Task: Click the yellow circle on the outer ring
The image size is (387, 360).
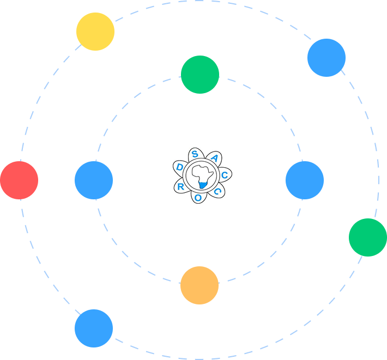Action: coord(95,32)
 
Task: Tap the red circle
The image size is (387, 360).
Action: coord(19,180)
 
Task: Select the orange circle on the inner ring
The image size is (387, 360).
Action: coord(199,285)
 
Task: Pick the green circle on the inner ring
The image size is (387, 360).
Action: coord(200,75)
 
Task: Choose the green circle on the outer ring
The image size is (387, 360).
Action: coord(368,237)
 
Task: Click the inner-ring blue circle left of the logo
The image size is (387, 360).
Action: coord(94,180)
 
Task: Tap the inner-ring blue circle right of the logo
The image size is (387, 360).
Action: coord(305,180)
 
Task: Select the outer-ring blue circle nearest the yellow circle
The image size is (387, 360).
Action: coord(326,58)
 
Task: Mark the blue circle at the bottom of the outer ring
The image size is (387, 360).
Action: coord(94,328)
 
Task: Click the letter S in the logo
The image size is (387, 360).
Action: coord(195,154)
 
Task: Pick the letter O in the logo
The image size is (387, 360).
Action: coord(197,198)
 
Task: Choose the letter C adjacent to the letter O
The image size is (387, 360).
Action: coord(217,192)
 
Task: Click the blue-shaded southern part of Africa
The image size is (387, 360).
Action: coord(202,185)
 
